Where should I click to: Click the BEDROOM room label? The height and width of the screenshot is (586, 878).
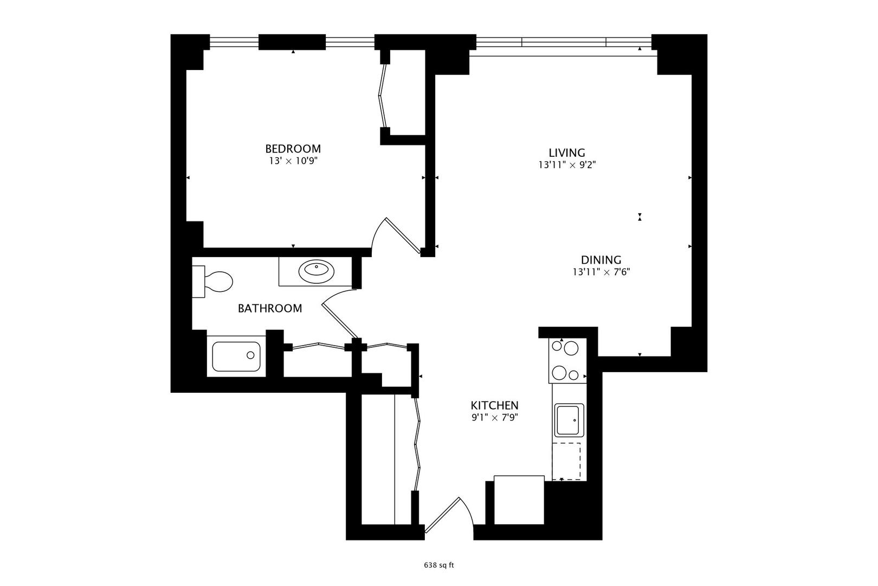[x=293, y=149]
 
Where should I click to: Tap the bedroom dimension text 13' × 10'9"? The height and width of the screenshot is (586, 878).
[x=293, y=161]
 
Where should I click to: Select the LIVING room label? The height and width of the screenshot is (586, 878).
[x=567, y=153]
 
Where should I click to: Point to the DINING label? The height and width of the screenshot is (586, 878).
[x=601, y=260]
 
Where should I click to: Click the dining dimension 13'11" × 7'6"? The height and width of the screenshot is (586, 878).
[x=601, y=272]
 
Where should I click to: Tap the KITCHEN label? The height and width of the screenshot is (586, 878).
[x=494, y=405]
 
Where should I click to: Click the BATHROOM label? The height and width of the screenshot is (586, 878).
[x=270, y=309]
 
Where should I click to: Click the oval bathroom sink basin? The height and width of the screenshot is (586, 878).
[x=316, y=270]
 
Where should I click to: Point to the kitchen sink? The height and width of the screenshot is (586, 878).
[x=569, y=420]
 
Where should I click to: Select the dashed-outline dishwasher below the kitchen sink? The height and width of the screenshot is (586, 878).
[x=566, y=461]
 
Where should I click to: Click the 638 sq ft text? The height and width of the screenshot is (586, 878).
[x=438, y=565]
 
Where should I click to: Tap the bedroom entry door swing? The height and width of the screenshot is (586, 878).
[x=398, y=233]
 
